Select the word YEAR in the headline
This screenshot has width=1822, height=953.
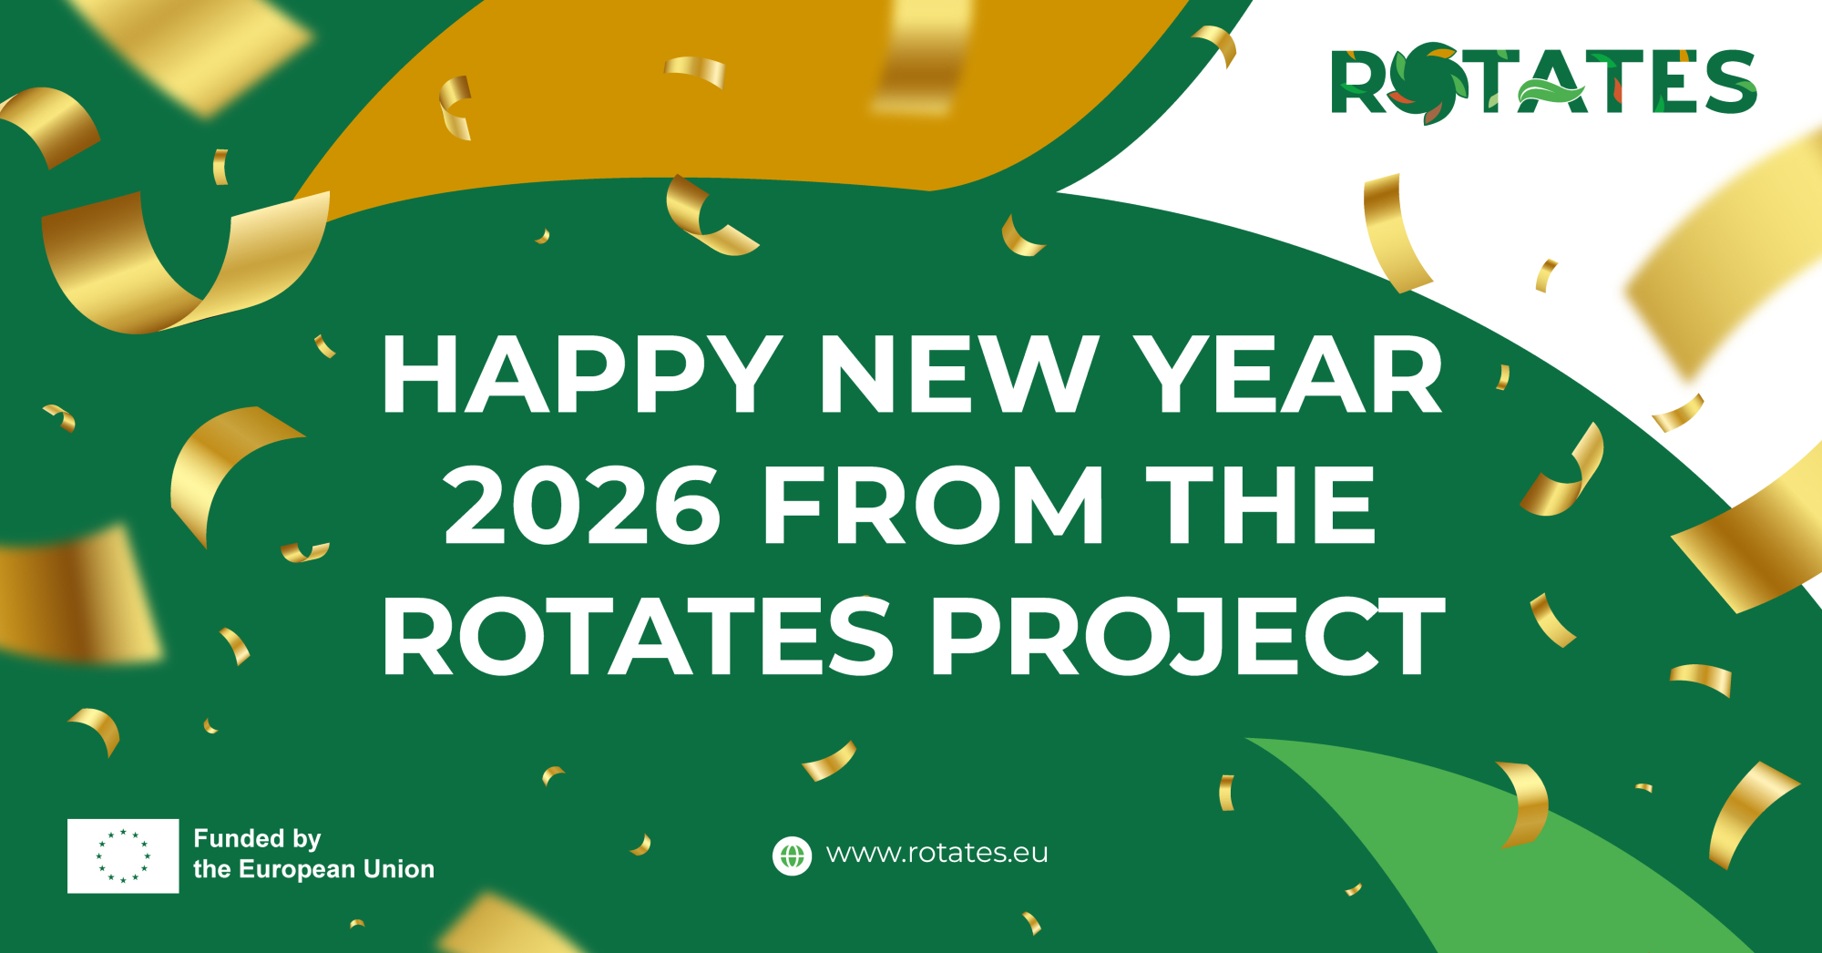[x=1292, y=374]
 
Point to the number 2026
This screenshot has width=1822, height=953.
[x=582, y=505]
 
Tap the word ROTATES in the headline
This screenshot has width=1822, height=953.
[x=638, y=636]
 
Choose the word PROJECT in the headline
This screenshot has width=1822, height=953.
[x=1189, y=636]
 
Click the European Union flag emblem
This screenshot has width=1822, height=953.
[x=123, y=856]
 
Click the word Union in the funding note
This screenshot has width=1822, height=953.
[x=398, y=869]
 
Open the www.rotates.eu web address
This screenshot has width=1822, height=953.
[x=937, y=853]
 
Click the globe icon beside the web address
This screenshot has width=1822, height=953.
[x=792, y=856]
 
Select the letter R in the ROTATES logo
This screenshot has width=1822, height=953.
[x=1359, y=82]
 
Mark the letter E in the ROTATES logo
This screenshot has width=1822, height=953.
[x=1674, y=82]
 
